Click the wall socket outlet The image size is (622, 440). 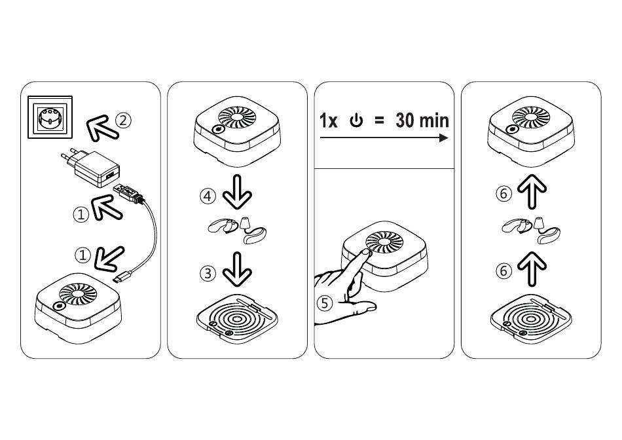point(49,116)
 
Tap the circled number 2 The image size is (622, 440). point(123,120)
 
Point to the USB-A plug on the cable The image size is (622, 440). point(128,193)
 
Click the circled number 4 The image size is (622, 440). point(207,195)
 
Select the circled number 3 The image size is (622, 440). point(207,274)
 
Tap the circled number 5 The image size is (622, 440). point(324,303)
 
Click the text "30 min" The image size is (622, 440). point(422,120)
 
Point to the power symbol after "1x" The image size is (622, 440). point(356,121)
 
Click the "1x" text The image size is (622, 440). point(329,121)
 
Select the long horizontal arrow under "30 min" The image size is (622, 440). point(384,138)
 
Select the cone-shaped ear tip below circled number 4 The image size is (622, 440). point(246,225)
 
